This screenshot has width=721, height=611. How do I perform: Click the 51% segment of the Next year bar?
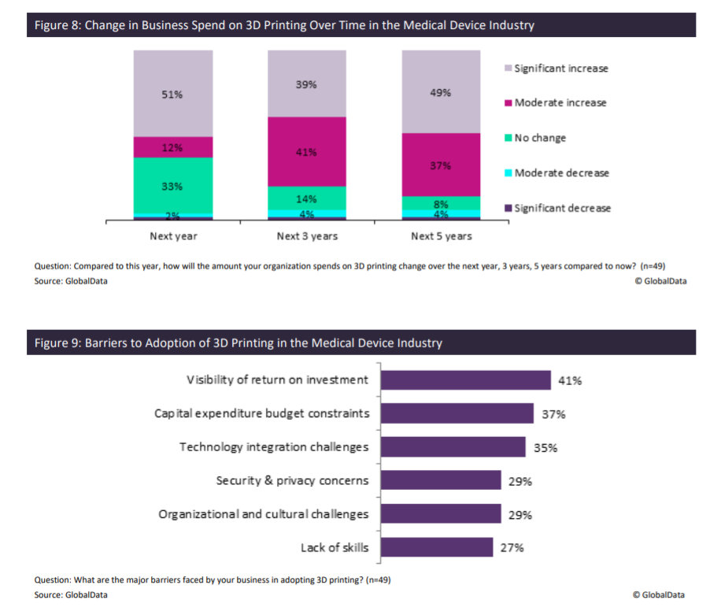173,94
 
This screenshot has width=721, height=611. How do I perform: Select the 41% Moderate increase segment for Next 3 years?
307,151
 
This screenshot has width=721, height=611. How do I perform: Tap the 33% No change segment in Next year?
173,186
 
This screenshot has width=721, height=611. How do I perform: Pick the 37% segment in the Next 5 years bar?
441,165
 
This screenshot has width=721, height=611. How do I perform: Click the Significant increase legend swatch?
508,69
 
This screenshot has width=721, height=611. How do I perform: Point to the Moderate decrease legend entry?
561,173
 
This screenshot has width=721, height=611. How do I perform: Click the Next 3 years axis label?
307,236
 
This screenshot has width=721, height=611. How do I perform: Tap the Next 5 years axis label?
442,236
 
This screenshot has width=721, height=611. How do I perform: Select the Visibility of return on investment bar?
465,380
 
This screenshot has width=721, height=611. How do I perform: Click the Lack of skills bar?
437,547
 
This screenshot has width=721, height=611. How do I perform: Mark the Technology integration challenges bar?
453,447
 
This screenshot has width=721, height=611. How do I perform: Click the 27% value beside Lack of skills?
512,548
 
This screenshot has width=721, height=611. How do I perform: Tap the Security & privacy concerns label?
292,480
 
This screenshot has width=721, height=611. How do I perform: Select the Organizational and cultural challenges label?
263,514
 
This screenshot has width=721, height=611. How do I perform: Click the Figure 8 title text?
284,25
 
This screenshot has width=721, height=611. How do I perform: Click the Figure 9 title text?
238,343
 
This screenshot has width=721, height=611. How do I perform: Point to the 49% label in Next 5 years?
441,92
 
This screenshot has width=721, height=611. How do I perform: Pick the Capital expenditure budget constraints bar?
457,413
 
